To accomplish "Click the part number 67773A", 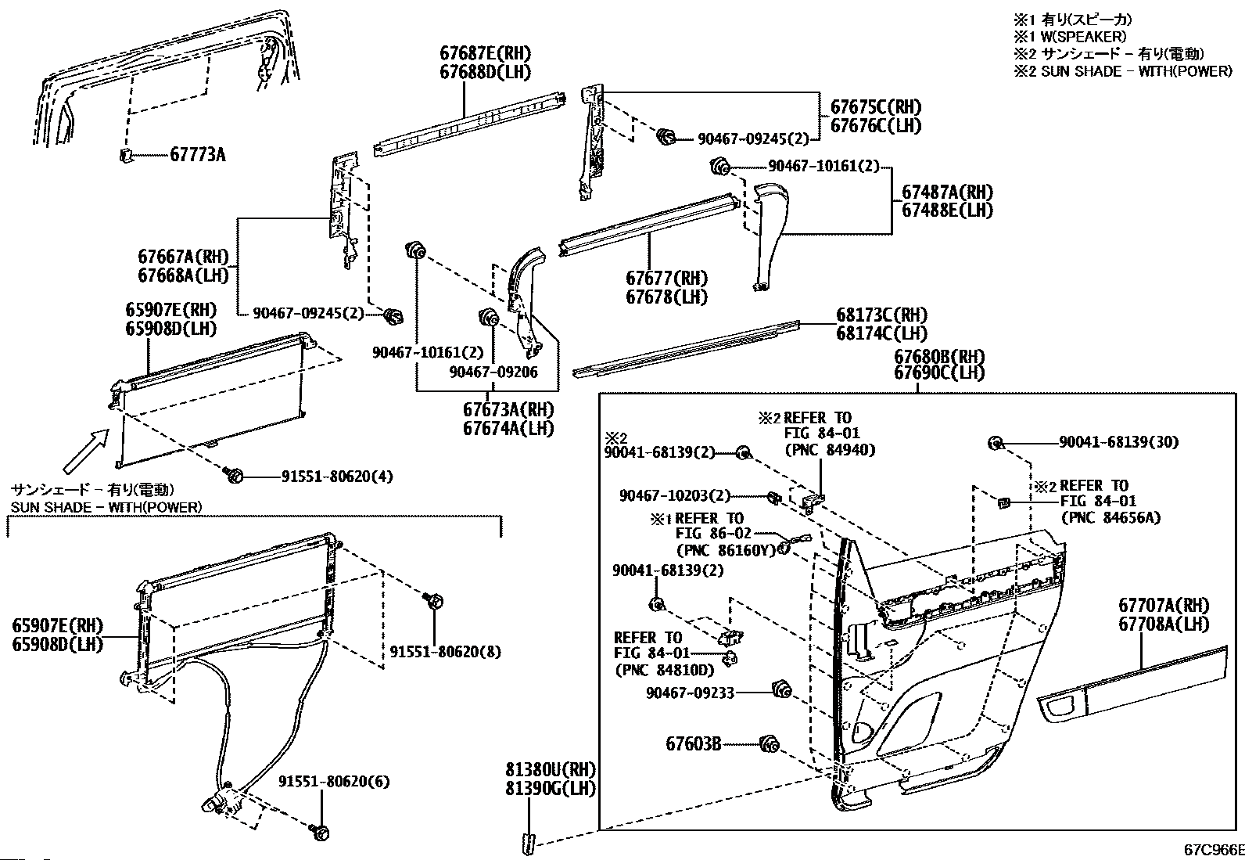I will coord(197,155).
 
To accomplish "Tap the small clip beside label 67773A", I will coord(126,153).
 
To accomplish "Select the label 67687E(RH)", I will coord(485,54).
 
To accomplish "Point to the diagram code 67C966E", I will coord(1213,848).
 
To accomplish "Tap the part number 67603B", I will coord(694,744).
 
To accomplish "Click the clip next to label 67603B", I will coord(768,744).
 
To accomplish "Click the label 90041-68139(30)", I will coord(1118,442).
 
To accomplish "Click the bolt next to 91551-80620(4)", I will coord(234,474).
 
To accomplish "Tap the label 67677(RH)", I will coord(666,279).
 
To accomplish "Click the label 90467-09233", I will coord(690,693).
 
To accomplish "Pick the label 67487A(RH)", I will coord(947,192).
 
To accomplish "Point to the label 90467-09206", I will coord(493,372).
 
